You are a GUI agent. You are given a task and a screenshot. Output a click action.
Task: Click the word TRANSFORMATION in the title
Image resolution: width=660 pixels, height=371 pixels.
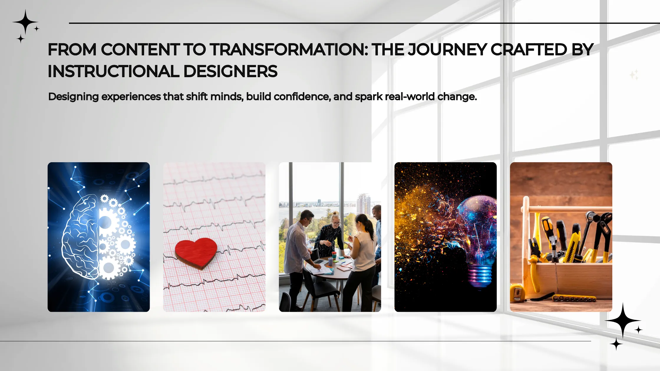288,49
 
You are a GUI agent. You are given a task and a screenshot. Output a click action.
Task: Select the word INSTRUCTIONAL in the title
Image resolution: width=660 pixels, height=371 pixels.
113,72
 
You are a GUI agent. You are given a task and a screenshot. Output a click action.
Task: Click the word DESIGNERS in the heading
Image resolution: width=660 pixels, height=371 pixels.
230,72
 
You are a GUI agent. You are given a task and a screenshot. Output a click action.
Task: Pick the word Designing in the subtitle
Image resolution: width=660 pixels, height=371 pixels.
73,97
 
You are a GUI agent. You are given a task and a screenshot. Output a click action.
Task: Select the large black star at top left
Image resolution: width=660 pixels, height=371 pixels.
25,22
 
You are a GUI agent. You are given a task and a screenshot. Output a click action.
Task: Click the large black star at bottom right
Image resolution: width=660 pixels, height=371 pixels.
623,320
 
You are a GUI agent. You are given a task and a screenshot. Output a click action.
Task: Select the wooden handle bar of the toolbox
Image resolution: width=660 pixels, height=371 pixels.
566,210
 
